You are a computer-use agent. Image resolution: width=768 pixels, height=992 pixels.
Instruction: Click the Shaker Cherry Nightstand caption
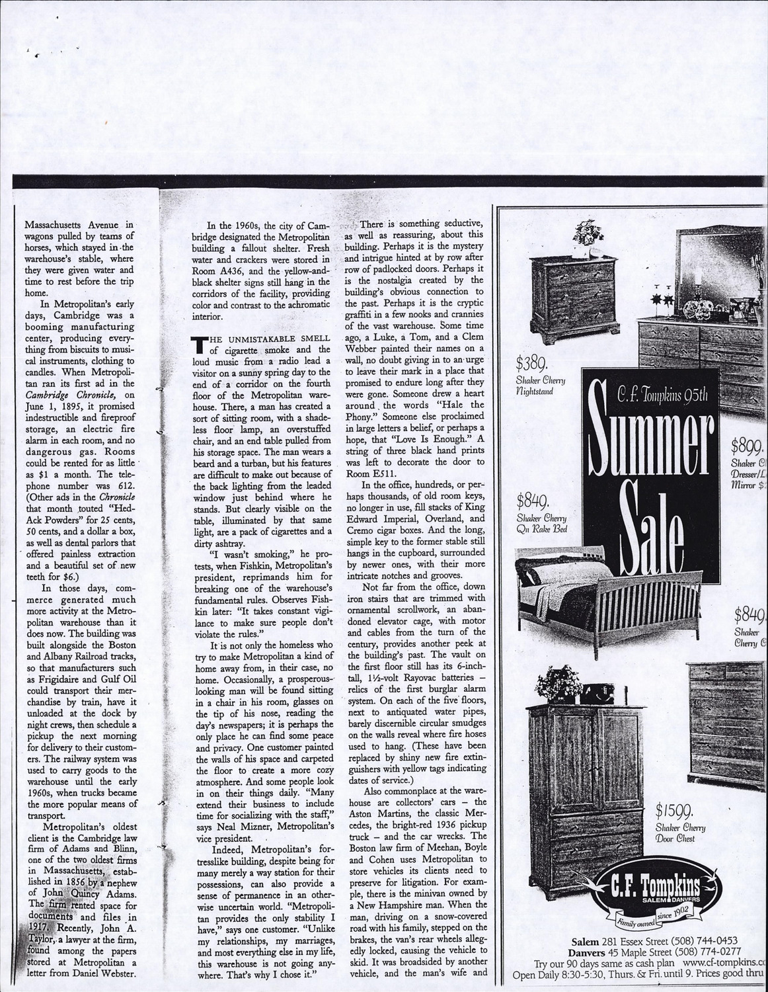(x=541, y=386)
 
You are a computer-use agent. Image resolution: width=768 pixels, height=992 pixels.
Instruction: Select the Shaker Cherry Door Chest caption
(x=680, y=833)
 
